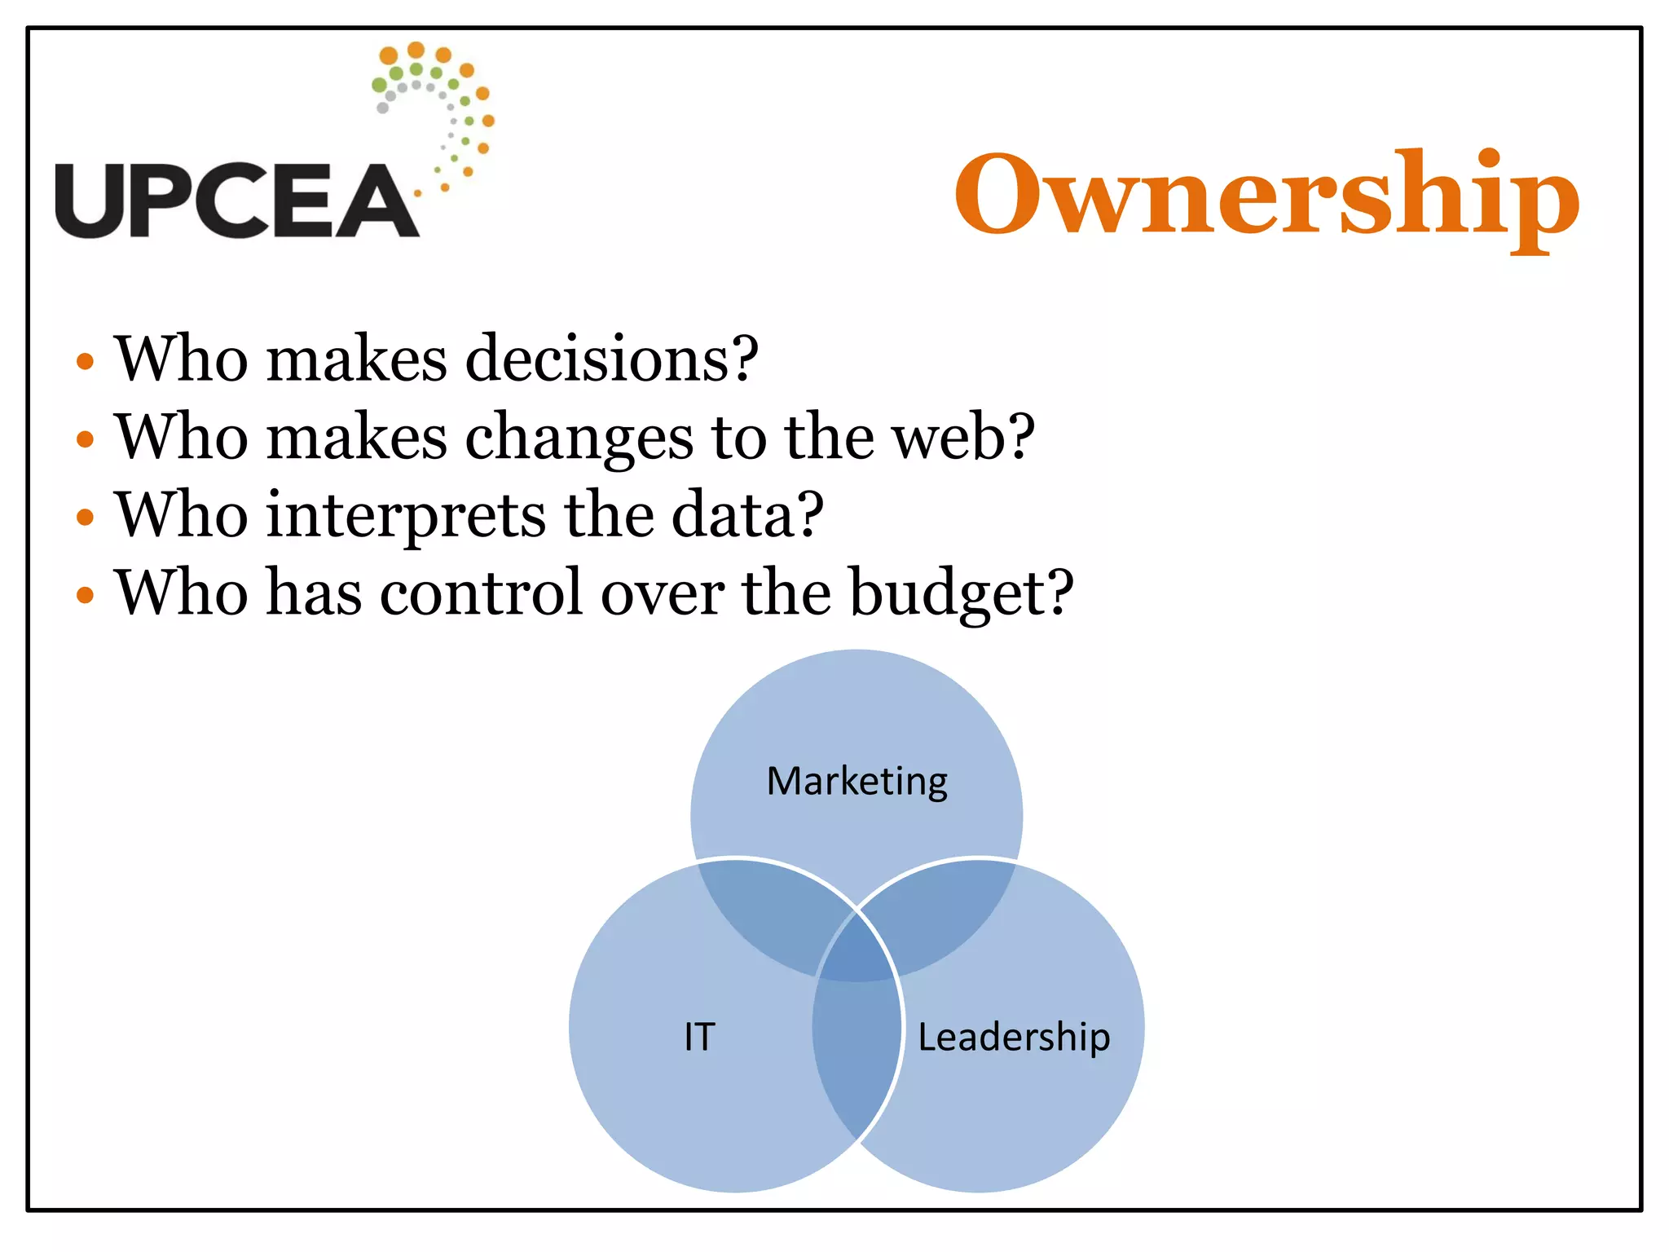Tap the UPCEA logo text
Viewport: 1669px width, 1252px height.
236,201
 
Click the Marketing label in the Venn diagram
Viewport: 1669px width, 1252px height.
857,782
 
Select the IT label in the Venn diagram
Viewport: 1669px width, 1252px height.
699,1038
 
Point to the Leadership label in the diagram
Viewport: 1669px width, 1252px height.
1014,1038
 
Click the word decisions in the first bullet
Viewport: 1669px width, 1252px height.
611,359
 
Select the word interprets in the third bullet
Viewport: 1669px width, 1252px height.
406,515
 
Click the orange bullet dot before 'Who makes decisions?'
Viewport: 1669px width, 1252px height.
85,361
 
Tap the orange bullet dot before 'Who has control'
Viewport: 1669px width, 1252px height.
85,595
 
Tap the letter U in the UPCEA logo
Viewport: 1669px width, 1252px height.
90,201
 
